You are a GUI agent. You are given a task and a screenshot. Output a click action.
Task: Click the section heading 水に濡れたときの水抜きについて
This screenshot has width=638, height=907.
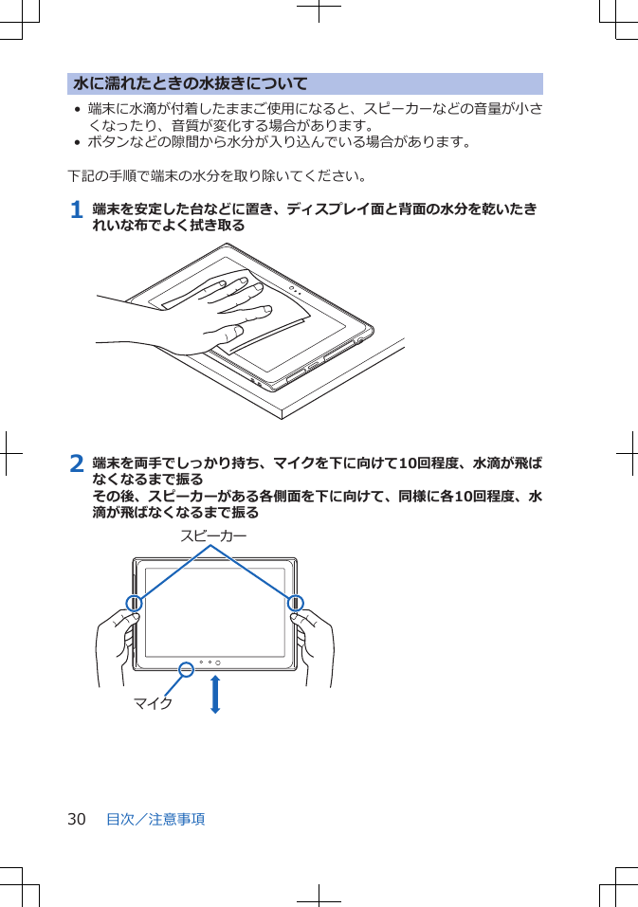[x=191, y=84]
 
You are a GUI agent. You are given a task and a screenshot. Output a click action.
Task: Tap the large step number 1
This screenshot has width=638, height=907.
[x=77, y=209]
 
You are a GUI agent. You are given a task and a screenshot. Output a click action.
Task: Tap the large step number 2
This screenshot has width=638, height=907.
[x=77, y=463]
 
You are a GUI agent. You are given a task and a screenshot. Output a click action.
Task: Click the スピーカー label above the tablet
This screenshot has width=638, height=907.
[x=213, y=535]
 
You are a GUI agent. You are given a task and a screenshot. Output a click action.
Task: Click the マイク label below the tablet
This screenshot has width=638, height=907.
[x=153, y=703]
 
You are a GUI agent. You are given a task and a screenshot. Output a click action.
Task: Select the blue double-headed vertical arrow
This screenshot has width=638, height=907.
[x=215, y=694]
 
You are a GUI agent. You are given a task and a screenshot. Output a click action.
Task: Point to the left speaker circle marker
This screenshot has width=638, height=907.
[x=135, y=603]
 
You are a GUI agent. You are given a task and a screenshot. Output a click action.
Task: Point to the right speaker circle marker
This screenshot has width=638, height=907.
[x=295, y=603]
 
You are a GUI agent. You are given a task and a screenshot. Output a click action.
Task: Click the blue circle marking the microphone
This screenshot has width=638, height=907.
[x=187, y=670]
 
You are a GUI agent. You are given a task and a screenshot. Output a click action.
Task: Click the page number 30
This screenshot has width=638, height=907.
[x=76, y=819]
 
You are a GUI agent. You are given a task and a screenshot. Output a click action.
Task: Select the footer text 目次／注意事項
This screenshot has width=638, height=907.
[x=155, y=819]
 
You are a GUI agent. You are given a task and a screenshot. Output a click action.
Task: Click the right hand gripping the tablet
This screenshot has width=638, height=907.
[x=316, y=644]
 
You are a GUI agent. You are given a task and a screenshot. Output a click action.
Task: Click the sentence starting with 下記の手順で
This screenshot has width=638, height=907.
[x=219, y=176]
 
